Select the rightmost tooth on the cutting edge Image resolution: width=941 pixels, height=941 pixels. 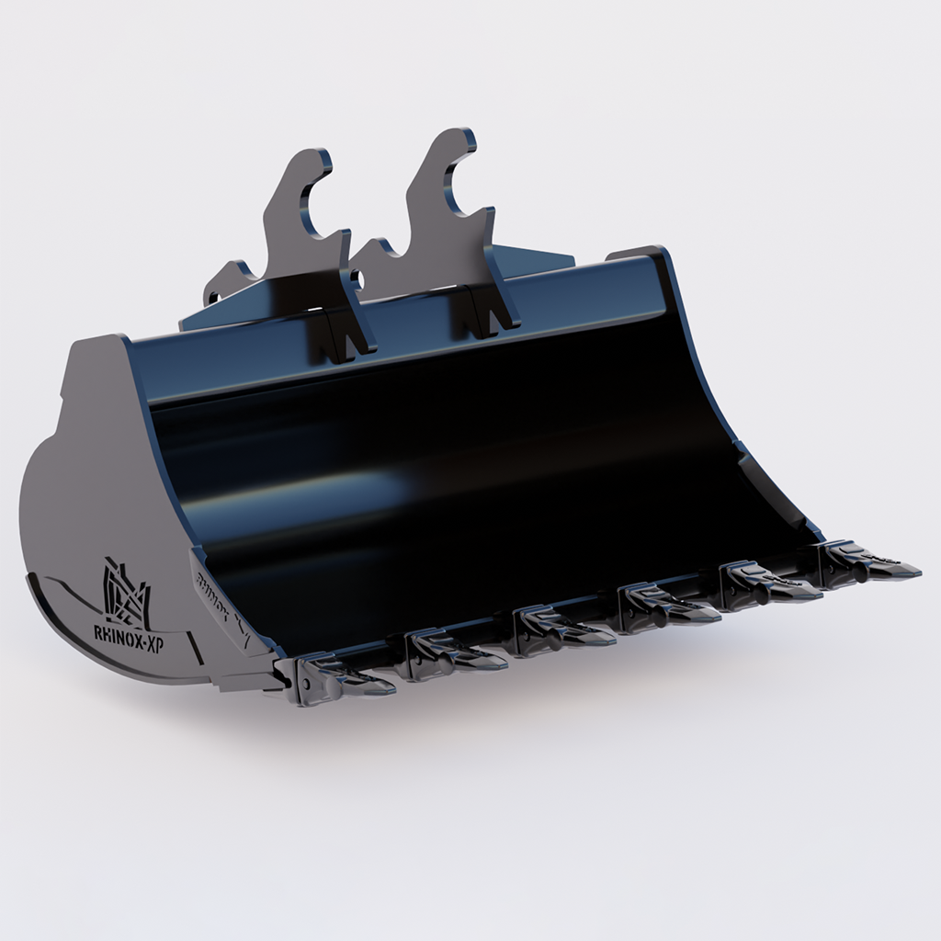click(x=867, y=563)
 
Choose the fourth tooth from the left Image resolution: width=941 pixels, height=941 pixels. click(x=667, y=608)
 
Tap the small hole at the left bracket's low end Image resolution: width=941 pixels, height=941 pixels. click(x=214, y=296)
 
